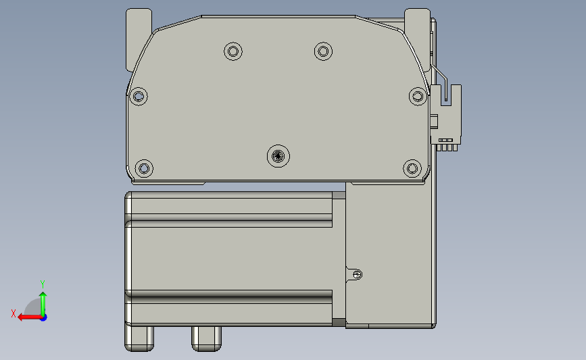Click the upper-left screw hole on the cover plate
[x=233, y=51]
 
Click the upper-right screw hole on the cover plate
[x=323, y=51]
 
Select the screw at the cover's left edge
[x=139, y=97]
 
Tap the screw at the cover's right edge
[x=418, y=97]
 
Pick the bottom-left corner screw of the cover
[x=144, y=168]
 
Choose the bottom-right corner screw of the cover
[x=412, y=168]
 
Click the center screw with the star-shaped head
[x=278, y=156]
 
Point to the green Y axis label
[x=42, y=284]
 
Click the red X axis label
[x=14, y=313]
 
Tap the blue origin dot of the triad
[x=43, y=317]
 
